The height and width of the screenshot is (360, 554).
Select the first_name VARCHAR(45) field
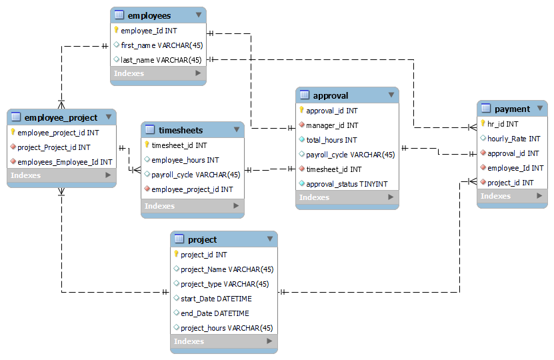point(161,45)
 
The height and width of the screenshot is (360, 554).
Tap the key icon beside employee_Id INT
point(116,31)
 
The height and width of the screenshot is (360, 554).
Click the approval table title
point(331,95)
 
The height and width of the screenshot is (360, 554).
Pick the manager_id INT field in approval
point(332,125)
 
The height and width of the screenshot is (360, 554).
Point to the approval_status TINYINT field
point(347,184)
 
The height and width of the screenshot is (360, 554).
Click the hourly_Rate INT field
point(513,139)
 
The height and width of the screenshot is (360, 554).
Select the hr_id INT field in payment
point(503,124)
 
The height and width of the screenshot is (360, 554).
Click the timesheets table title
point(181,130)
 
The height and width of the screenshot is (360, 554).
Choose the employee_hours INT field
point(185,160)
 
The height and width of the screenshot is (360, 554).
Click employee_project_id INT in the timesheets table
point(192,189)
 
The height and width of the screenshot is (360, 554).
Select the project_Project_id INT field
point(54,147)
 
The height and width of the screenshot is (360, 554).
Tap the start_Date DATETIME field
point(215,299)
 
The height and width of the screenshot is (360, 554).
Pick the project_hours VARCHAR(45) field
point(227,328)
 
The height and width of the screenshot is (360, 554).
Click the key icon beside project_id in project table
point(176,255)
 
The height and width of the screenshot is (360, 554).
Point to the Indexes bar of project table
point(223,341)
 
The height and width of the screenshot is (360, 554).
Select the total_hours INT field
point(331,140)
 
